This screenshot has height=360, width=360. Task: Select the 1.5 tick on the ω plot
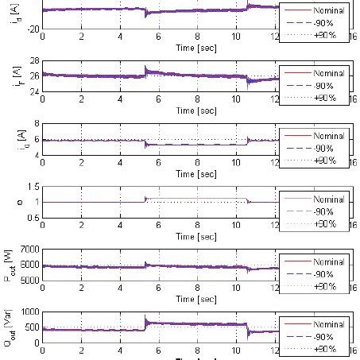[32, 187]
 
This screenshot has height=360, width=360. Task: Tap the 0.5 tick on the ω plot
[32, 218]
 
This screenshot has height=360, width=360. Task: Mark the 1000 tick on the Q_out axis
[28, 312]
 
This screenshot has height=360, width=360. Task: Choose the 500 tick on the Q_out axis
[30, 327]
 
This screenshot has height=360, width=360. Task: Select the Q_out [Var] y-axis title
[10, 327]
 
